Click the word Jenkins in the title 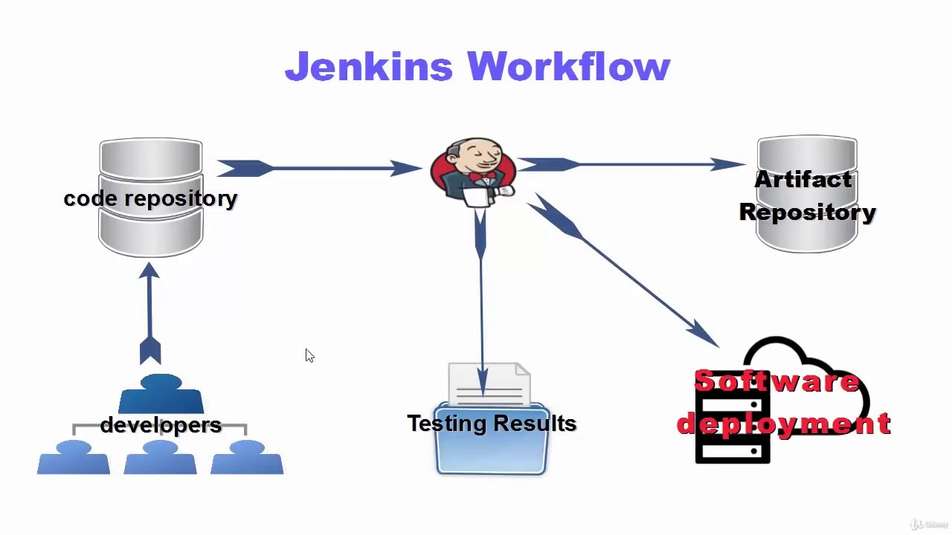click(368, 67)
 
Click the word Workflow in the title click(569, 67)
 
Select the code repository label click(150, 198)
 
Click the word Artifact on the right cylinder click(803, 180)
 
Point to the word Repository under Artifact click(807, 213)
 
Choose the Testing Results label click(492, 424)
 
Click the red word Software click(776, 381)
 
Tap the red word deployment click(783, 424)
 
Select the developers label click(161, 425)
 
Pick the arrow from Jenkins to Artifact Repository click(632, 164)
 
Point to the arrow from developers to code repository click(149, 312)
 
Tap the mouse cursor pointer click(309, 356)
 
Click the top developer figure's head click(161, 383)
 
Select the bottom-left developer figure click(74, 458)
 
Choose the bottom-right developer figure click(247, 458)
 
